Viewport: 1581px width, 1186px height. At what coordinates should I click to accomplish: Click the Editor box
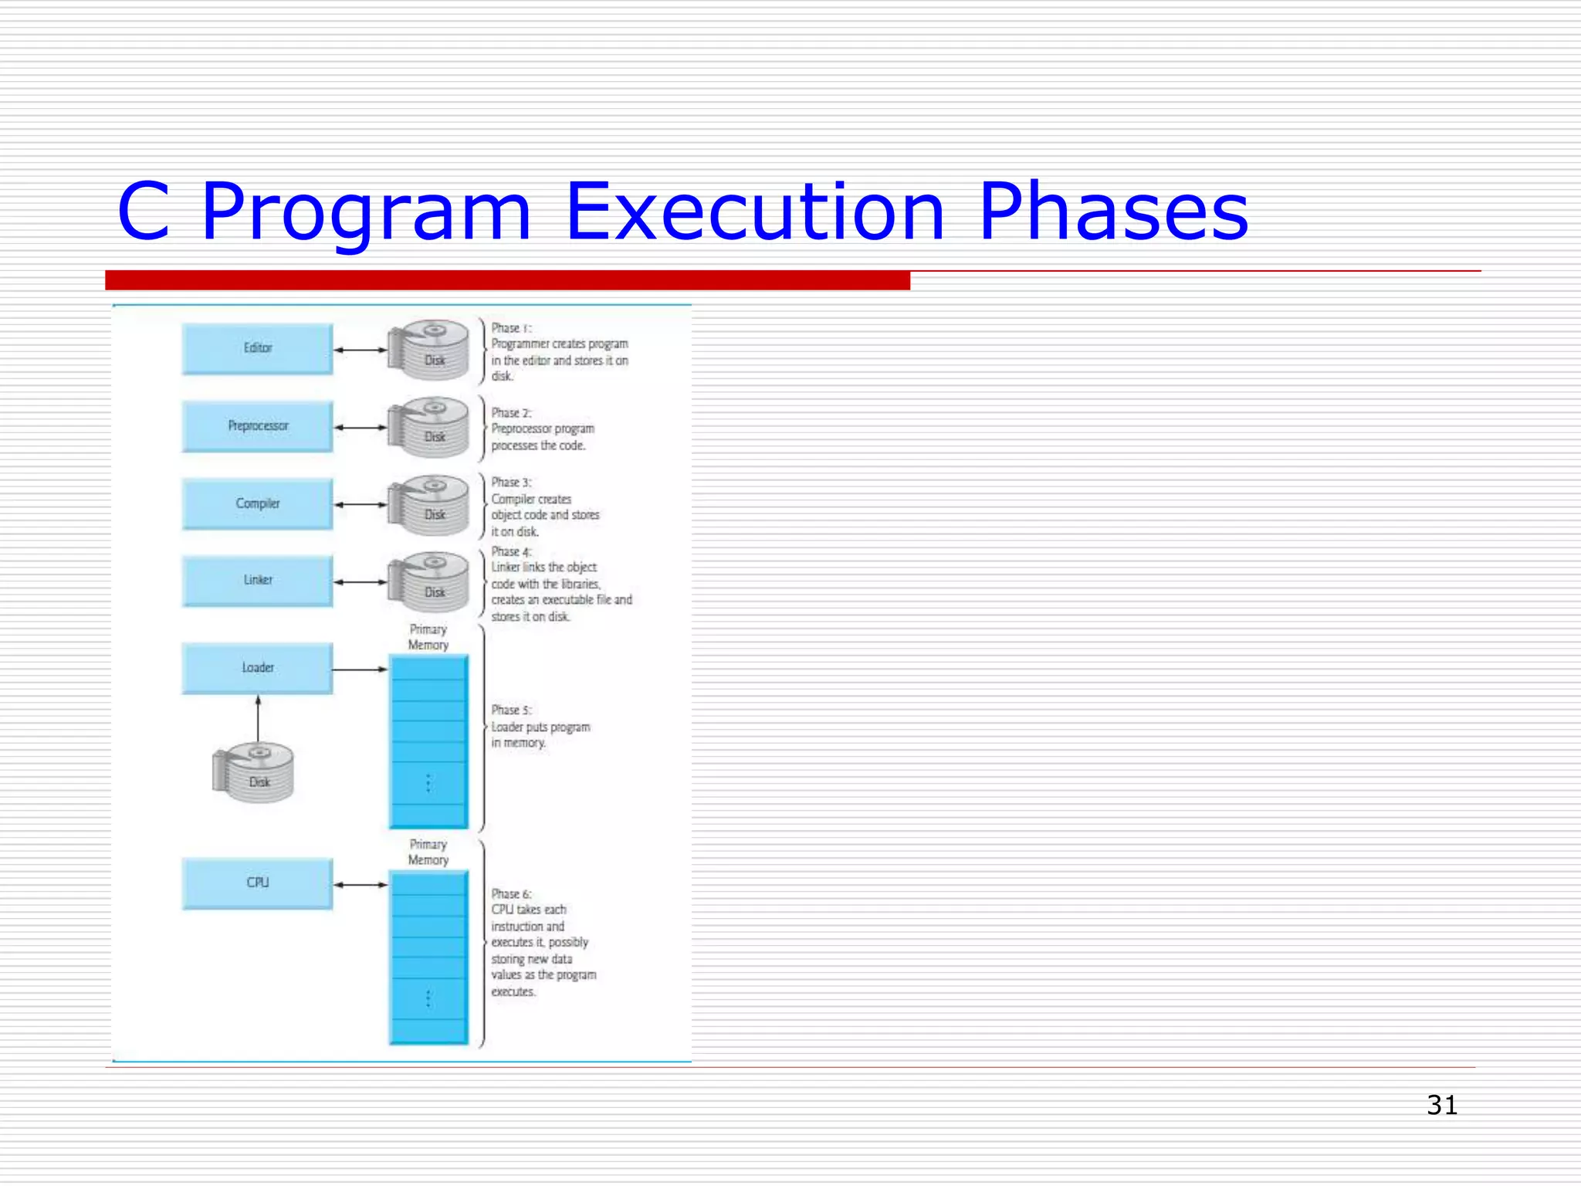[257, 349]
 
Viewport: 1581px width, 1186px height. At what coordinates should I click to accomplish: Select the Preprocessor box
[257, 426]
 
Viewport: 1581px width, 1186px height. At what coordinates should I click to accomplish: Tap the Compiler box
[257, 503]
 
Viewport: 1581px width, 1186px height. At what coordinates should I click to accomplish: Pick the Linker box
[257, 581]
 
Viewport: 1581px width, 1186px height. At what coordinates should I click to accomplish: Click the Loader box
[257, 668]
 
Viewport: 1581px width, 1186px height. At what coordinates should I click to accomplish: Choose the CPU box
[257, 883]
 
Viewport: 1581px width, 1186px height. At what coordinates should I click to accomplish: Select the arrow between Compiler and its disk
[361, 504]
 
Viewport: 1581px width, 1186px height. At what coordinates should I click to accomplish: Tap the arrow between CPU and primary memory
[361, 885]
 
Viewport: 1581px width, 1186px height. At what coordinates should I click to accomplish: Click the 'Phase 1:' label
[511, 328]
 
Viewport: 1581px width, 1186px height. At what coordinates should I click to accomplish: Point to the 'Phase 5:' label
[511, 710]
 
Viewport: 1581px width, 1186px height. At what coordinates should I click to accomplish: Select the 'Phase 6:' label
[511, 893]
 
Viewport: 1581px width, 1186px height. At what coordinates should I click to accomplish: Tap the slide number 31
[1441, 1105]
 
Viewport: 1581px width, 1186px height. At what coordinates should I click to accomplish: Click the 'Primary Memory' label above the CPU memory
[428, 852]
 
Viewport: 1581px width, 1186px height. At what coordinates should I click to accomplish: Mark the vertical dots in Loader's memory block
[428, 783]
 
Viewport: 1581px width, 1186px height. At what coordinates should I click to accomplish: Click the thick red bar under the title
[507, 280]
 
